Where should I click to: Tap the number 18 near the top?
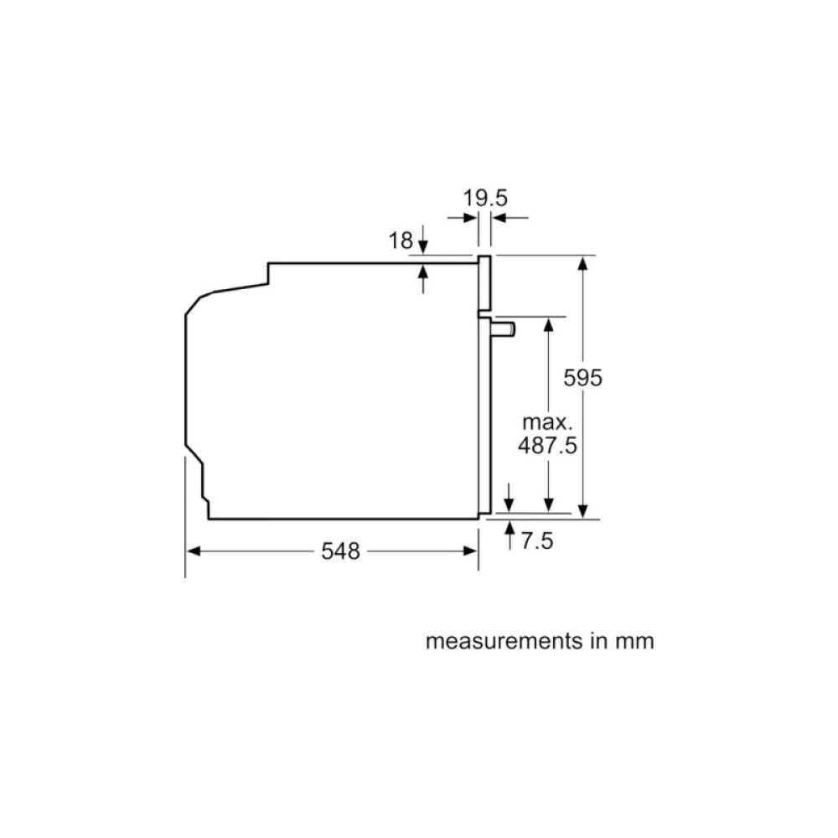click(x=401, y=241)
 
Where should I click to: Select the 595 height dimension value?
click(x=582, y=378)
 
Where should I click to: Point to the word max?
click(x=546, y=422)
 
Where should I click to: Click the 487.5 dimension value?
click(x=546, y=445)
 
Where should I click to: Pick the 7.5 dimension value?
click(x=537, y=541)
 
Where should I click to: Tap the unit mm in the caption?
click(x=634, y=642)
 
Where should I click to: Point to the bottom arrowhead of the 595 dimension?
click(x=584, y=510)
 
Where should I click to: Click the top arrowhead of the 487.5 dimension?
click(x=548, y=324)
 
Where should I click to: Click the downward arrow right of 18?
click(x=423, y=246)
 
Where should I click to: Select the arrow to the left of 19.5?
click(x=469, y=218)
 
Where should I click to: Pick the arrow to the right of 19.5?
click(x=499, y=218)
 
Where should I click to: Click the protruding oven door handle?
click(x=503, y=328)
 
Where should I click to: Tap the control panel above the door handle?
click(x=484, y=283)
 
